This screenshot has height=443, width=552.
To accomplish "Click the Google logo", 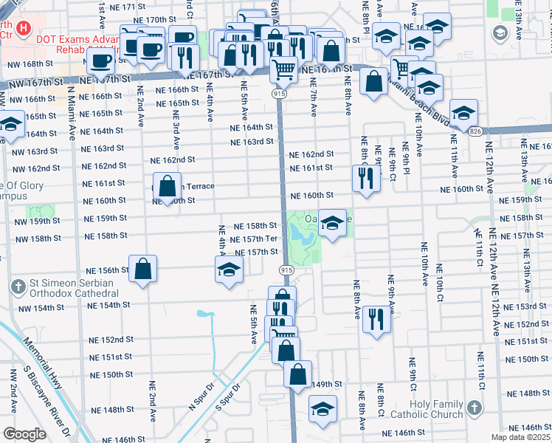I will click(24, 434).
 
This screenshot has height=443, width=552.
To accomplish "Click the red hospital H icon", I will click(24, 29).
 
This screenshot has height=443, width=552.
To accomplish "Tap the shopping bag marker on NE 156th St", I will click(142, 269).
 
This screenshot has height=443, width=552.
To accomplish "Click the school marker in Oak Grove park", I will click(333, 224).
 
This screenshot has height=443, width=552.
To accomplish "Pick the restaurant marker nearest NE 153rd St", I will click(377, 319).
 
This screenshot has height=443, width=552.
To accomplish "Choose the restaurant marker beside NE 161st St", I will click(365, 178).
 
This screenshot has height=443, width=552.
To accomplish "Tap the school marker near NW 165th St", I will click(10, 126).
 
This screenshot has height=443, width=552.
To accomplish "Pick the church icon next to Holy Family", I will click(473, 408).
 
